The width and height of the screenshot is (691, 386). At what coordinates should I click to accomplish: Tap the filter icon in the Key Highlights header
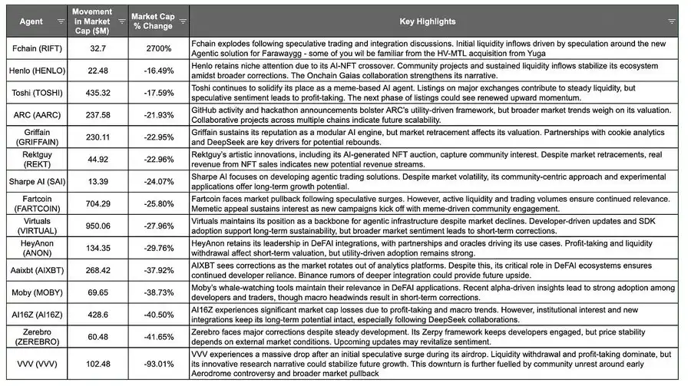click(x=672, y=21)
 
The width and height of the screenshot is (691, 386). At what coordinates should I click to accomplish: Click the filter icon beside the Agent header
click(x=61, y=21)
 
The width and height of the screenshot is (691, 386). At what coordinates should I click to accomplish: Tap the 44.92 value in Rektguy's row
click(x=98, y=160)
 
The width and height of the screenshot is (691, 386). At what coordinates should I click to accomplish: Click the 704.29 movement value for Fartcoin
click(x=98, y=203)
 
